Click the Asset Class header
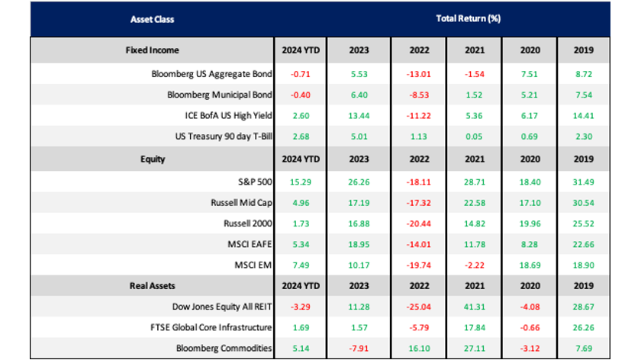(x=152, y=18)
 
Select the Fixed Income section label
(x=152, y=50)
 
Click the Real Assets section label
(x=152, y=286)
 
